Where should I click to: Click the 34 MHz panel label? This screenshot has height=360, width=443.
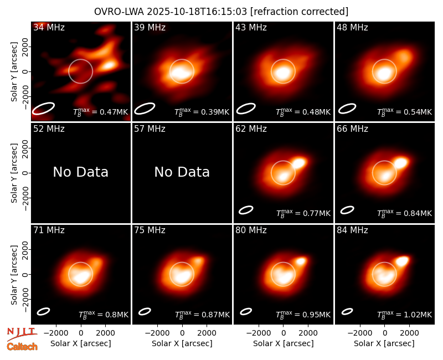point(49,27)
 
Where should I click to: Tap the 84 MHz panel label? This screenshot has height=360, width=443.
point(352,230)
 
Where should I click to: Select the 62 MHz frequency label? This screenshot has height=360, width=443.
point(251,129)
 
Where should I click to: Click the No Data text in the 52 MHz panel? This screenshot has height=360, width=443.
point(81,172)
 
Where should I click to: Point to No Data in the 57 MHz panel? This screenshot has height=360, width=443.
point(182,172)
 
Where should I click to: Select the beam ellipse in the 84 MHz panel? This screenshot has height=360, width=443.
point(347,311)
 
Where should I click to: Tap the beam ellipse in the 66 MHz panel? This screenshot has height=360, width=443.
point(347,210)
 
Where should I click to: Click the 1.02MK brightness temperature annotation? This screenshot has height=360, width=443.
point(405,315)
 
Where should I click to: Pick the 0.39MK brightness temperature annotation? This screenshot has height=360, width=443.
point(202,112)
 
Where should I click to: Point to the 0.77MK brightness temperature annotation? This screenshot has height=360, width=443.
point(303,213)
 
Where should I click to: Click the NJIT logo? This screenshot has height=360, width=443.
point(22,334)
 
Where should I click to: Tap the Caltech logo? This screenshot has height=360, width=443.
point(22,347)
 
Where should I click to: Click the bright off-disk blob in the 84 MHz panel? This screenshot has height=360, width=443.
point(403,260)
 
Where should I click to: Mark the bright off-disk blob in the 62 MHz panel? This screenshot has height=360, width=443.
point(299,163)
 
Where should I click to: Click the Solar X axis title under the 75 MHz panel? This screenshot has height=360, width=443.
point(182,343)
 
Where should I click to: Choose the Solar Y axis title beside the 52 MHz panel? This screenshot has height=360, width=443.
point(14,173)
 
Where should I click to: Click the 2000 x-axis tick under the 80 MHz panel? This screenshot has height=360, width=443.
point(308,333)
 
